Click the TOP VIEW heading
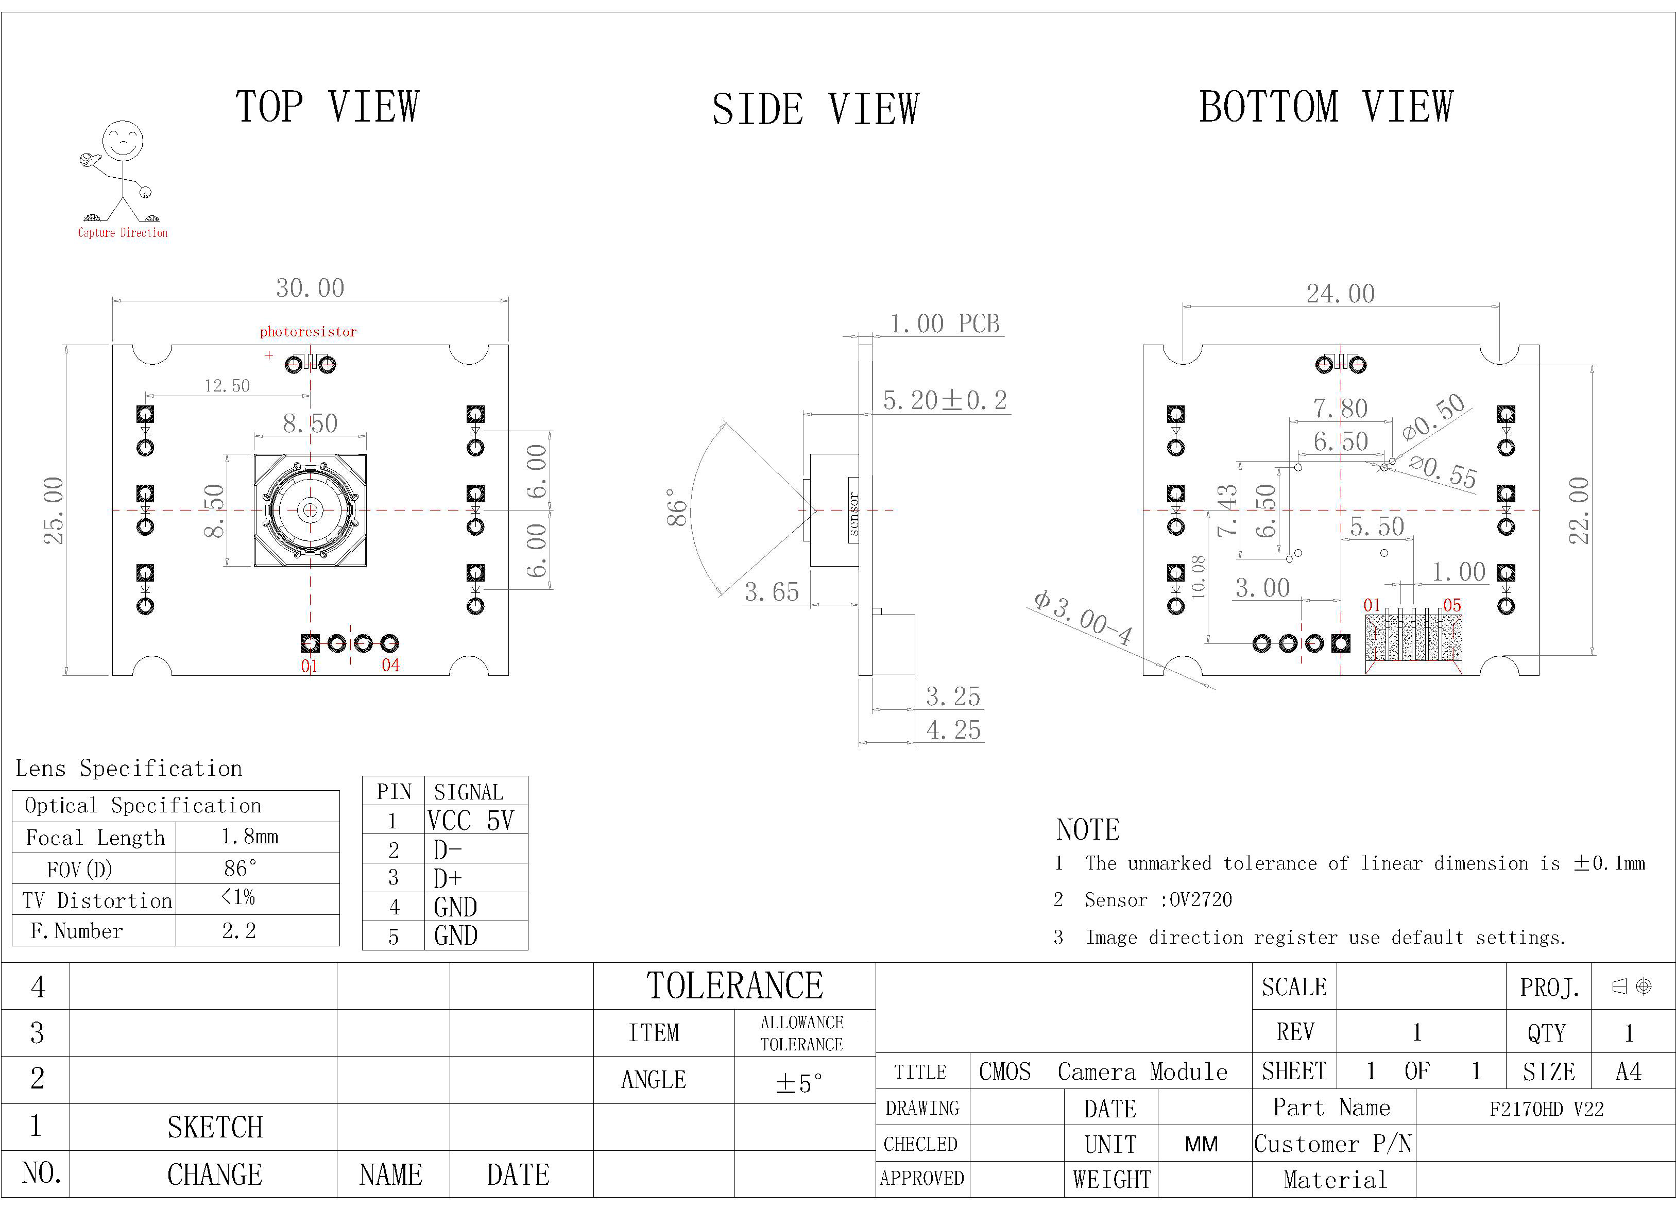click(x=328, y=107)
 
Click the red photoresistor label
click(x=308, y=332)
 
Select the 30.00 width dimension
click(x=311, y=287)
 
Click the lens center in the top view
click(x=311, y=510)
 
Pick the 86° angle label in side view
click(x=677, y=507)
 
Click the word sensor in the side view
click(x=853, y=513)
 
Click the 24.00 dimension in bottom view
click(x=1341, y=294)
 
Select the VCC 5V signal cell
click(x=470, y=821)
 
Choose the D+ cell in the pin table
click(x=448, y=878)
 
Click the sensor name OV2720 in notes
click(x=1200, y=900)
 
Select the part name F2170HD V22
click(x=1547, y=1109)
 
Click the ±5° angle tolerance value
click(x=799, y=1083)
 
